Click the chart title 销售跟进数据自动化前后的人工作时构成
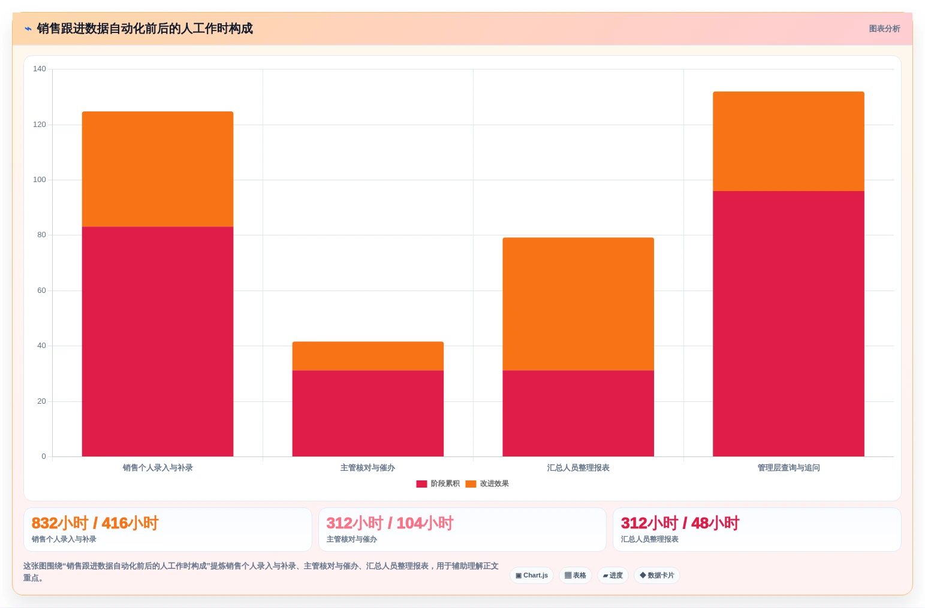pyautogui.click(x=144, y=29)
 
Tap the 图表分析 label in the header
pyautogui.click(x=884, y=29)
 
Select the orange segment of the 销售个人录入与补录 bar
pyautogui.click(x=157, y=170)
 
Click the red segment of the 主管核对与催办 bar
pyautogui.click(x=367, y=413)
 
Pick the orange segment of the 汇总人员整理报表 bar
pyautogui.click(x=578, y=304)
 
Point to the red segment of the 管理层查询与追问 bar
pyautogui.click(x=788, y=323)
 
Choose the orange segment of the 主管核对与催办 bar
pyautogui.click(x=367, y=356)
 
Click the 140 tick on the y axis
pyautogui.click(x=39, y=68)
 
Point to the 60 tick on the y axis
pyautogui.click(x=41, y=290)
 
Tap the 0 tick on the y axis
pyautogui.click(x=44, y=456)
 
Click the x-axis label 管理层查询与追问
pyautogui.click(x=788, y=468)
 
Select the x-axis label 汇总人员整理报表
pyautogui.click(x=578, y=468)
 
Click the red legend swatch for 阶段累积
pyautogui.click(x=421, y=484)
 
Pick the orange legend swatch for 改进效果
pyautogui.click(x=471, y=484)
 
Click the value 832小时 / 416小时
pyautogui.click(x=95, y=523)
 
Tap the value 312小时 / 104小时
pyautogui.click(x=390, y=523)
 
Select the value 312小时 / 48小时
pyautogui.click(x=680, y=523)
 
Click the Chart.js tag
pyautogui.click(x=532, y=576)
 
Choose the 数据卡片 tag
pyautogui.click(x=656, y=576)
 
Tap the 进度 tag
pyautogui.click(x=613, y=576)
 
